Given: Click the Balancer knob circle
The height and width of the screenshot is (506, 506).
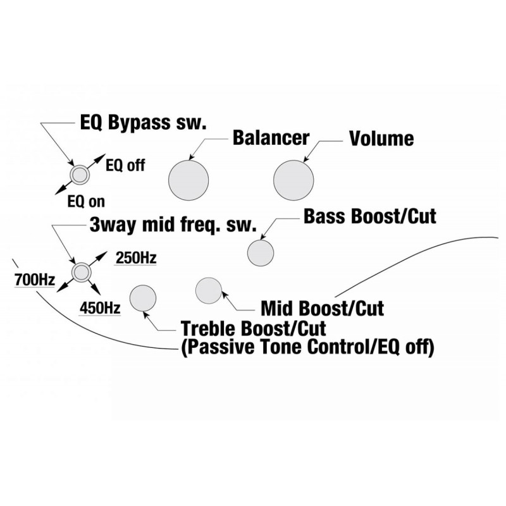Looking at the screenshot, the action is click(188, 180).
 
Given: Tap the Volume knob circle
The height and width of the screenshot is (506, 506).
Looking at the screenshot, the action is click(293, 180).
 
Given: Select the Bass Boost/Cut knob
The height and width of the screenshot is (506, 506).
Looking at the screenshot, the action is click(261, 253).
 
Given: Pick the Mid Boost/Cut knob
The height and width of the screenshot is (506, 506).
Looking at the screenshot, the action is click(209, 290).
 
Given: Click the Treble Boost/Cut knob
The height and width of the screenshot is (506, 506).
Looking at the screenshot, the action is click(143, 298).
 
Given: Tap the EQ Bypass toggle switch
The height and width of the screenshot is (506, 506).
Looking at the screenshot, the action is click(80, 175).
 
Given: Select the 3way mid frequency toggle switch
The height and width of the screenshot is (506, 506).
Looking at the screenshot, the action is click(82, 273).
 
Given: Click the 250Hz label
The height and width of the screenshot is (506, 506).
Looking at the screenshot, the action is click(136, 258).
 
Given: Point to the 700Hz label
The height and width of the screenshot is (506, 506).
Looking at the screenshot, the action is click(35, 280).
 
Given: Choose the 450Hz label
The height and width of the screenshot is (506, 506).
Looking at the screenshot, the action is click(100, 308).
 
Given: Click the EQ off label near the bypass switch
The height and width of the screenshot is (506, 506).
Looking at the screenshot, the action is click(125, 165).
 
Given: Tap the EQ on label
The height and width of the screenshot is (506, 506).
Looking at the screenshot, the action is click(86, 202).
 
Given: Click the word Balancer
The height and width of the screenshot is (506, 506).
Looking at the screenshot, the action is click(271, 138).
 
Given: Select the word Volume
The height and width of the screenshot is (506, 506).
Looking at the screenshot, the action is click(381, 139).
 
